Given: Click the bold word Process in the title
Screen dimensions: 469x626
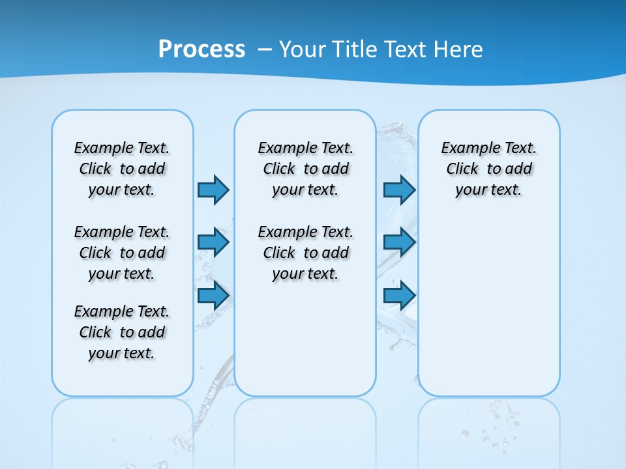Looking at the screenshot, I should pos(201,50).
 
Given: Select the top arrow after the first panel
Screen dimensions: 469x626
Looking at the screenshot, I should pos(213,190).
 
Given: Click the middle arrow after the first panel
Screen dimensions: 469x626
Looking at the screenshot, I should pos(213,242).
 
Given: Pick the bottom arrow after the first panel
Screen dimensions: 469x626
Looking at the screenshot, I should pos(213,295).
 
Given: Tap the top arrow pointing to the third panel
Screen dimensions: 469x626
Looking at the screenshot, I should pos(399,190).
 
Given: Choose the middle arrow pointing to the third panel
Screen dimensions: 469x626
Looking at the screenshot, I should pos(399,242).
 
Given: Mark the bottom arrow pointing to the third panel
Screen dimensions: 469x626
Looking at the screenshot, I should pos(399,295).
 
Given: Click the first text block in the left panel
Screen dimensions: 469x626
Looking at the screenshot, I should pos(122,169).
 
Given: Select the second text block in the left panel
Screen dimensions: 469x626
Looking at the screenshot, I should pos(122,253).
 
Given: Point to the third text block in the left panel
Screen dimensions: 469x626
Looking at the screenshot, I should pos(122,332).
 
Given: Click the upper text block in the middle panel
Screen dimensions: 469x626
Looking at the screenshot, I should pos(305,169).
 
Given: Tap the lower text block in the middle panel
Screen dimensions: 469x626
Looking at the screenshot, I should pos(305,253).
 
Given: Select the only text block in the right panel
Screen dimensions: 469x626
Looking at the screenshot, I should pos(488,169).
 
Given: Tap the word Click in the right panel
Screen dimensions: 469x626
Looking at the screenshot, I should pos(462,169).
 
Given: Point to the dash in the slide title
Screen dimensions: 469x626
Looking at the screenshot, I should pos(265,50).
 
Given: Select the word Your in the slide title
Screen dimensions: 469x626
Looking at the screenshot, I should pos(302,50).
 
